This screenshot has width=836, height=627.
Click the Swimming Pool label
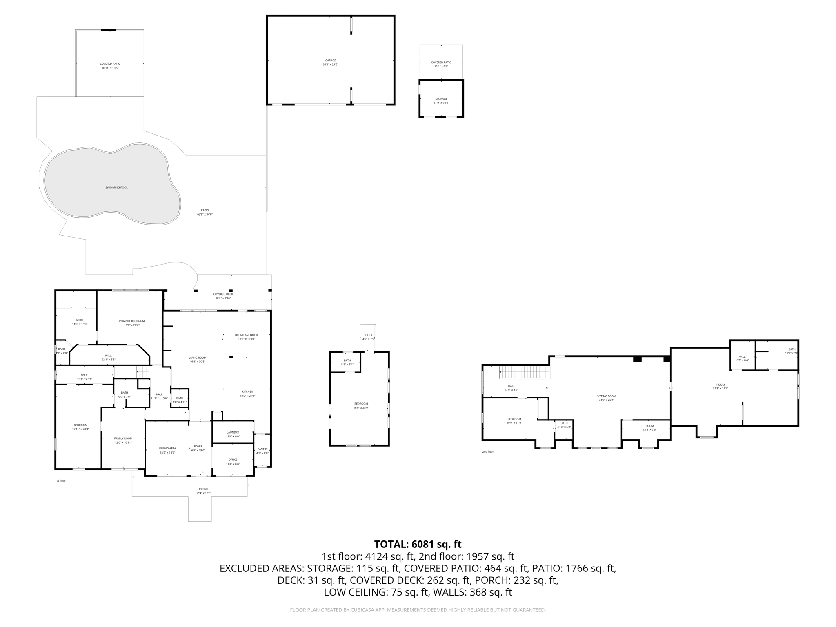tap(116, 187)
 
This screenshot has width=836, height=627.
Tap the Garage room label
tap(330, 60)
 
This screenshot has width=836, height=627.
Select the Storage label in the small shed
tap(441, 99)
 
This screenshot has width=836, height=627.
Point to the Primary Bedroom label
tap(132, 321)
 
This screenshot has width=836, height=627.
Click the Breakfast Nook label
tap(246, 335)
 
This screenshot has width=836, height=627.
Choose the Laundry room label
tap(233, 432)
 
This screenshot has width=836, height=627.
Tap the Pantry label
tap(262, 449)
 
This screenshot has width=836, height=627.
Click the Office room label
tap(233, 460)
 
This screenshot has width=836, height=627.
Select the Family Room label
tap(123, 438)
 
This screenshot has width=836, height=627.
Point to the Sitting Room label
tap(606, 396)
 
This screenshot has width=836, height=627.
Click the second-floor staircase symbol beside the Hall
tap(525, 372)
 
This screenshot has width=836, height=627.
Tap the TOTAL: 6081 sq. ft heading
tap(418, 544)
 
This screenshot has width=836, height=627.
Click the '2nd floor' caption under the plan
tap(487, 452)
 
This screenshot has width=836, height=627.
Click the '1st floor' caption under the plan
tap(60, 481)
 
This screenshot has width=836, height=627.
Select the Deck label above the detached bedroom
tap(369, 335)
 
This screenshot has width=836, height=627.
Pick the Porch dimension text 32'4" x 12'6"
tap(203, 493)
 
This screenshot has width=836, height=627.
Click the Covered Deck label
tap(223, 294)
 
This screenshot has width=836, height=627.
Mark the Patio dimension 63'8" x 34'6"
tap(205, 214)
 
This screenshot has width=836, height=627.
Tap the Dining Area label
tap(167, 448)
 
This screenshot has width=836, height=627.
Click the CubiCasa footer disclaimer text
tap(418, 610)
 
